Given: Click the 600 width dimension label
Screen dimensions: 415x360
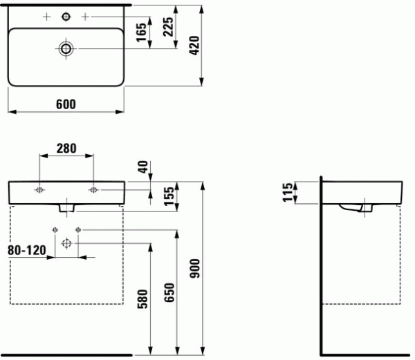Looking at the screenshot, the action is (66, 104).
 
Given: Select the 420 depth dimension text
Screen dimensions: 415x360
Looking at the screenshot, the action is (194, 46).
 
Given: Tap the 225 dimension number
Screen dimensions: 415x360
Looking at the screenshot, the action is (168, 27).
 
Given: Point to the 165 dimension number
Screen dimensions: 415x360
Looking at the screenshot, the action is (141, 32).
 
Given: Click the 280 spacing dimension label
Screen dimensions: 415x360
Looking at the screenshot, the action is (66, 149).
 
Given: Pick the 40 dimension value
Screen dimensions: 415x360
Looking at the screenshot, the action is (143, 167).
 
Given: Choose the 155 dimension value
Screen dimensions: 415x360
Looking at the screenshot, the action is (169, 196).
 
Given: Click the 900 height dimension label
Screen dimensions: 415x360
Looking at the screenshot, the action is (195, 269).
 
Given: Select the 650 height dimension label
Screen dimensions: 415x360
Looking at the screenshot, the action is (169, 292).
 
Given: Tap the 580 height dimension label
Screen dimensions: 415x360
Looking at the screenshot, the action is (142, 299).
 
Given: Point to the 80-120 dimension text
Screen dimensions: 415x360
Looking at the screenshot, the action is (27, 250).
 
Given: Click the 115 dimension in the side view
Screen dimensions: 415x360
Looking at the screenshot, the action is (288, 192).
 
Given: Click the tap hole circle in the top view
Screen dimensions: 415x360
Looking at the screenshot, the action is (66, 17).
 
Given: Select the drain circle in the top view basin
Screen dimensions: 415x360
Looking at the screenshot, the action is (66, 48).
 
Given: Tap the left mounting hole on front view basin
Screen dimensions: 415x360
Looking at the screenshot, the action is (39, 190).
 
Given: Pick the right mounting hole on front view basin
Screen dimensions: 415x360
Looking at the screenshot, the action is (93, 190).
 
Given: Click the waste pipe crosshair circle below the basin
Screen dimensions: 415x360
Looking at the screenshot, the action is (66, 243).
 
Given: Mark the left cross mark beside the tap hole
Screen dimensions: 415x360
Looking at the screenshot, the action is (46, 17).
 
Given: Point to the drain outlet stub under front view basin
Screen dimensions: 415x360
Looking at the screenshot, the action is (66, 208).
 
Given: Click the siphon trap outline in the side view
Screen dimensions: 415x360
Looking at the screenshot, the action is (356, 208).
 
